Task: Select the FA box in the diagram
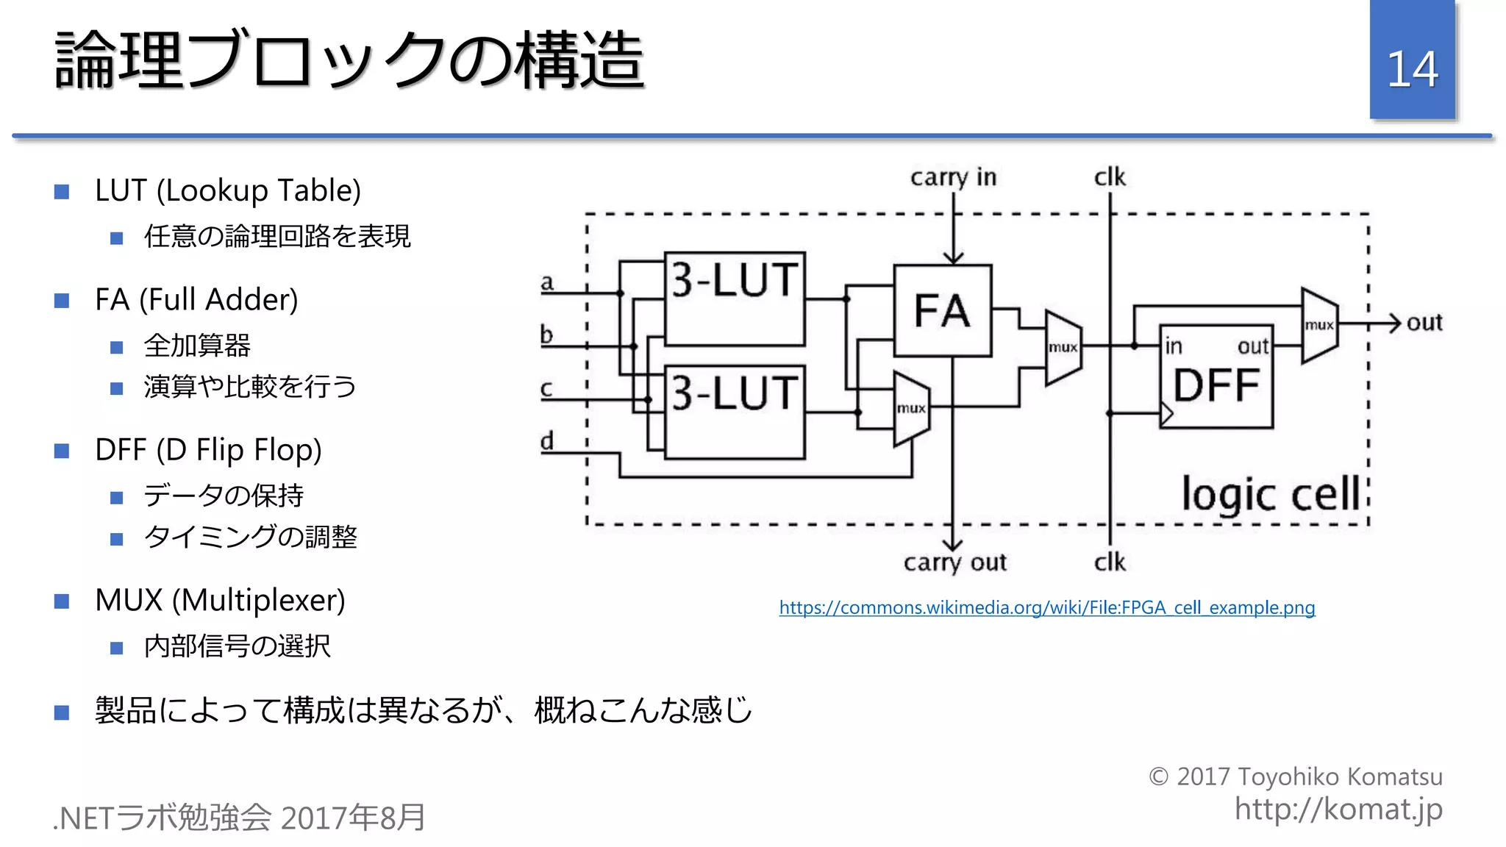(x=942, y=310)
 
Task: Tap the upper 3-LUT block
(x=735, y=299)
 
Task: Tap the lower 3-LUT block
(x=735, y=412)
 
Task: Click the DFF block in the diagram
(x=1216, y=376)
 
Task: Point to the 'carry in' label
(x=953, y=177)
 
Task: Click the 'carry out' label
(x=954, y=562)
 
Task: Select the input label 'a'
(x=546, y=282)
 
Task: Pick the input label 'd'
(x=546, y=441)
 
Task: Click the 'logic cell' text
(x=1271, y=494)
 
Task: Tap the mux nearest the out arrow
(x=1319, y=325)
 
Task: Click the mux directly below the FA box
(x=911, y=409)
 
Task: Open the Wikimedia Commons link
(x=1046, y=607)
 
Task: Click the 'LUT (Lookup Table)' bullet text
(x=228, y=191)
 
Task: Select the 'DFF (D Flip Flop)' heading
(x=208, y=450)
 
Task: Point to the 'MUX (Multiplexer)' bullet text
(x=220, y=600)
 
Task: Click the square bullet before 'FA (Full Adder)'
(x=62, y=301)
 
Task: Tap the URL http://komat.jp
(x=1338, y=809)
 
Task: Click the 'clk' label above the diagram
(x=1110, y=177)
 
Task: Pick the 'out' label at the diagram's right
(x=1424, y=323)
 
